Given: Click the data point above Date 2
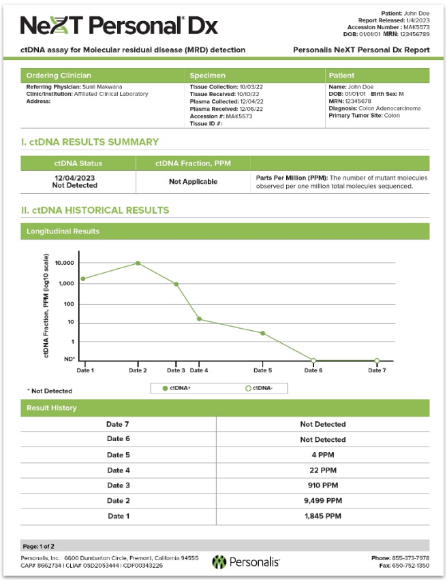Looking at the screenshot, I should click(138, 263).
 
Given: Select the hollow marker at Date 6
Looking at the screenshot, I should click(313, 360).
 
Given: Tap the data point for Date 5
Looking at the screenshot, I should click(262, 333).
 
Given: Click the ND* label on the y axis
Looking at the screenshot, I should click(69, 359).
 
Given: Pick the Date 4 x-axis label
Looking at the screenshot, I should click(198, 370).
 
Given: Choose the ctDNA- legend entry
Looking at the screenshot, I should click(261, 388).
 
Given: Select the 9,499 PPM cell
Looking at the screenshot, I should click(322, 500).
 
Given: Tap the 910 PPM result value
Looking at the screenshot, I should click(322, 485).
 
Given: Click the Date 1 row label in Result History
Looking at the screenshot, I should click(118, 515).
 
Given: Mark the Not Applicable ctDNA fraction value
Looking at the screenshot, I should click(193, 182).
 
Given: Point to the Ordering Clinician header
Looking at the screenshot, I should click(59, 75).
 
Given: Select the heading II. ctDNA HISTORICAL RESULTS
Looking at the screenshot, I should click(95, 210).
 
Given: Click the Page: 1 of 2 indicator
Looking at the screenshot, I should click(39, 546).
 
